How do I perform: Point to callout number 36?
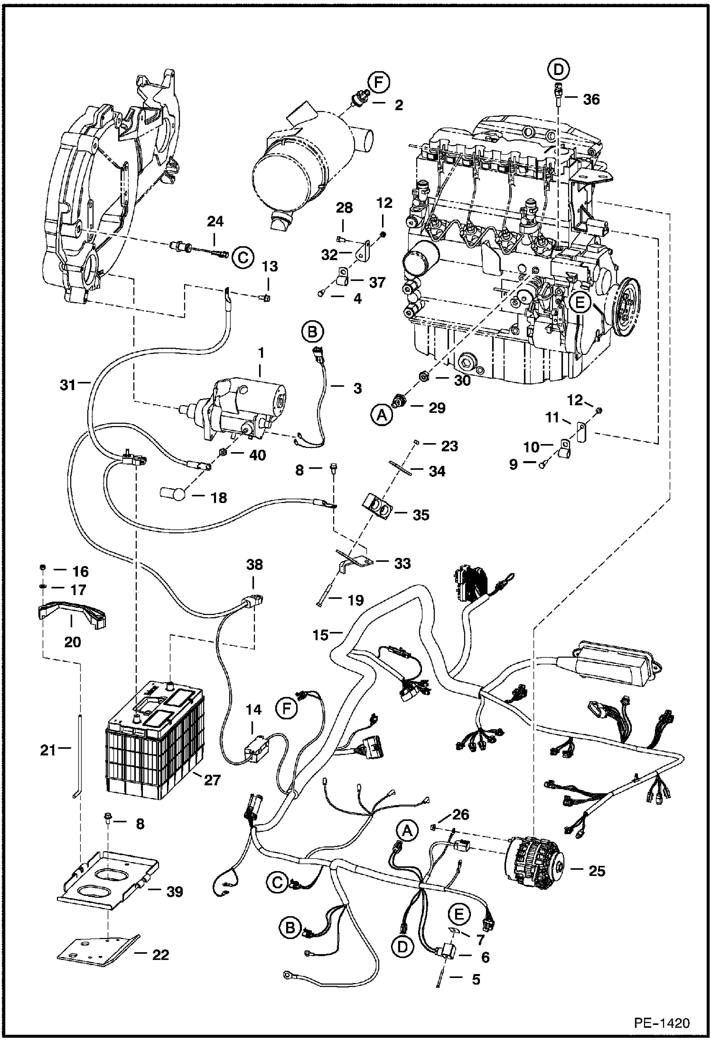coord(591,100)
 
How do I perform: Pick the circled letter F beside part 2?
coord(379,83)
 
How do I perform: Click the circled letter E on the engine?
coord(580,302)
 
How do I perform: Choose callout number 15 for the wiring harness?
coord(321,635)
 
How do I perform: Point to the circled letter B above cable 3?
coord(312,332)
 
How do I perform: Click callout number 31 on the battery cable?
coord(68,384)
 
